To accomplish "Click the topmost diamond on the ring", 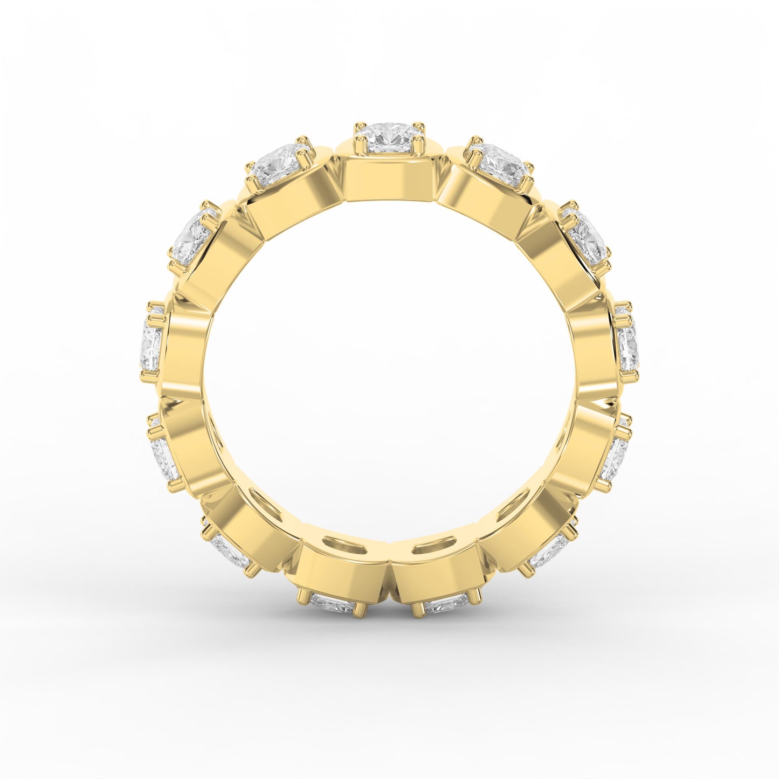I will (x=389, y=138).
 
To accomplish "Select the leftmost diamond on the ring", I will (x=151, y=343).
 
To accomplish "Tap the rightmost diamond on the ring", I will (x=629, y=346).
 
